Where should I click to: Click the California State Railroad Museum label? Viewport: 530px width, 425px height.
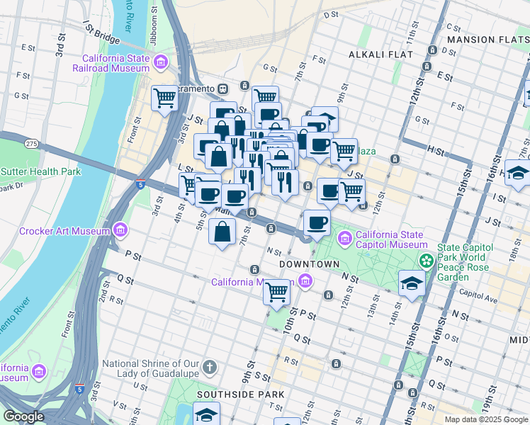click(115, 63)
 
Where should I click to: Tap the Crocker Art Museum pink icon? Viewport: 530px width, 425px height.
click(120, 230)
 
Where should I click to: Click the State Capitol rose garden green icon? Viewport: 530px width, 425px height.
click(425, 261)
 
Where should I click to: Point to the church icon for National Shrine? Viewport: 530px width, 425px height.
click(209, 367)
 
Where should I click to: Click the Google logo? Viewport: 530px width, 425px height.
click(23, 416)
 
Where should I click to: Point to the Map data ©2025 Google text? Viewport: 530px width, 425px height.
click(485, 419)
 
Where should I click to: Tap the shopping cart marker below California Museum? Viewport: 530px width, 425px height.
click(276, 290)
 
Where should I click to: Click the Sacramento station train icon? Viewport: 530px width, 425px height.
click(222, 89)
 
